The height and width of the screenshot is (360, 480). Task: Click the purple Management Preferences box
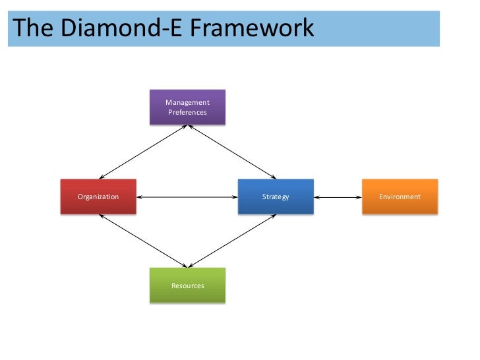187,107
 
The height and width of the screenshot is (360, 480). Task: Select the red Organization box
98,196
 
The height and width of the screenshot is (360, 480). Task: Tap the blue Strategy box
276,196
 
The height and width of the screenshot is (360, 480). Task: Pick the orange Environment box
400,196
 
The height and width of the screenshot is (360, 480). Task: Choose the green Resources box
187,285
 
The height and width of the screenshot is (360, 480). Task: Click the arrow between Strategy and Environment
338,196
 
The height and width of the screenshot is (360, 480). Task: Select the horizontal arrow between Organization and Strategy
187,196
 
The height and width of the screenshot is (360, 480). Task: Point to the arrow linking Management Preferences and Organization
143,152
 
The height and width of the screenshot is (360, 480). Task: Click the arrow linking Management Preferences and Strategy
232,152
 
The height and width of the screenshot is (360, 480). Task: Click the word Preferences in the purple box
187,112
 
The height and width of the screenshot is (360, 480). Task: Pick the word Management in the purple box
187,102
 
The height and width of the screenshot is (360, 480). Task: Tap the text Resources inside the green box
187,285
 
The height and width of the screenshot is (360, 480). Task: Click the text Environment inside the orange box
400,196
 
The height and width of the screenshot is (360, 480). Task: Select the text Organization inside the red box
98,196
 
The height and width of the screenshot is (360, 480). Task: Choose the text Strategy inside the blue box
276,196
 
